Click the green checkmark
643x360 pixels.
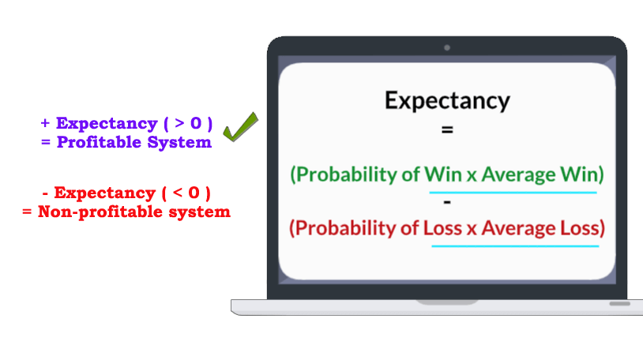[240, 128]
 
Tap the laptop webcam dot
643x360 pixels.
[447, 48]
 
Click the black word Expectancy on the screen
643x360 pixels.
[447, 100]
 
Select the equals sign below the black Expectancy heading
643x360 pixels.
[447, 130]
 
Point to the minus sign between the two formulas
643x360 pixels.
[447, 202]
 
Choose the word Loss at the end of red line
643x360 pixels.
[580, 228]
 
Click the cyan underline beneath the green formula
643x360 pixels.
[513, 193]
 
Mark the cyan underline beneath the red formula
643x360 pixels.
[515, 246]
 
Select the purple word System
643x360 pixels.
[179, 143]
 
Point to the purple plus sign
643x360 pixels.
[45, 123]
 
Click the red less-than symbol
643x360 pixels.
[178, 193]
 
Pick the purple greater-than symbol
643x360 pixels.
[179, 122]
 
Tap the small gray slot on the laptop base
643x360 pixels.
[619, 304]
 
